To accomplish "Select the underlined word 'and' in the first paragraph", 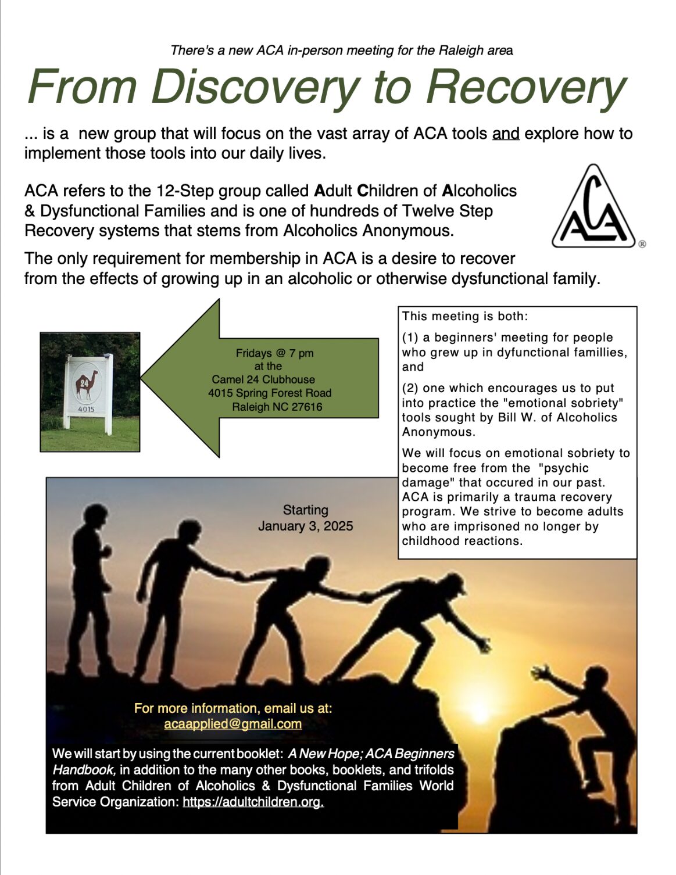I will pos(505,134).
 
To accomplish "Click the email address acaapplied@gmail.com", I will pos(233,724).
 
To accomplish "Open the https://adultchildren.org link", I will pos(253,802).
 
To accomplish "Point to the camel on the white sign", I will pos(87,384).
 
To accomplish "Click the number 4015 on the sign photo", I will pos(87,410).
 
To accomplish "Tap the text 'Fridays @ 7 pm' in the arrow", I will pos(274,353).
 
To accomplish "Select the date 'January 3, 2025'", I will pos(305,526).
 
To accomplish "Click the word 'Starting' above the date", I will pos(305,510).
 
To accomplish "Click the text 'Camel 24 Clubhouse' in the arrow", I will pos(263,379).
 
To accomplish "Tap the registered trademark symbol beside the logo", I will pos(642,244).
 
